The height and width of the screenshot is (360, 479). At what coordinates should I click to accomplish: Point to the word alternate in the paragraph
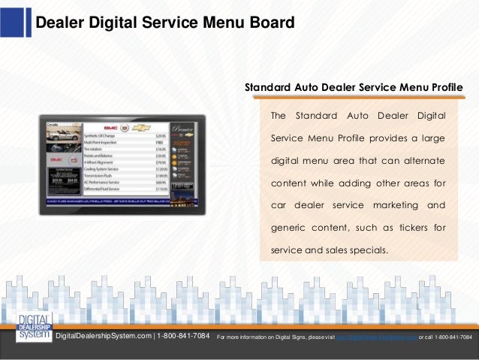421,162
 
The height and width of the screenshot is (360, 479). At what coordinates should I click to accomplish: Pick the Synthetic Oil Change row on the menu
105,135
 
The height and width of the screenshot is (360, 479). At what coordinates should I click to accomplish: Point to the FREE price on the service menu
160,141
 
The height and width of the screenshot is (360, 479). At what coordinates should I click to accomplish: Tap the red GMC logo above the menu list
110,127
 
